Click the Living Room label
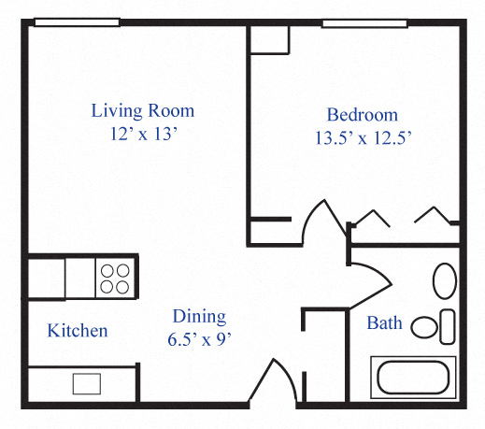point(143,111)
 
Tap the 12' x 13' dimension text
point(143,134)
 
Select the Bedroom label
point(362,115)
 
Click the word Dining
point(198,317)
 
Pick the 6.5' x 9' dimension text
point(198,338)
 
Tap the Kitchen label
point(78,331)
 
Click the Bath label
point(384,323)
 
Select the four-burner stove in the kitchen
point(115,278)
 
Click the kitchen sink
point(87,383)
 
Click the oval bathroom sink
point(446,279)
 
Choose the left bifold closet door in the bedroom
point(371,218)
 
